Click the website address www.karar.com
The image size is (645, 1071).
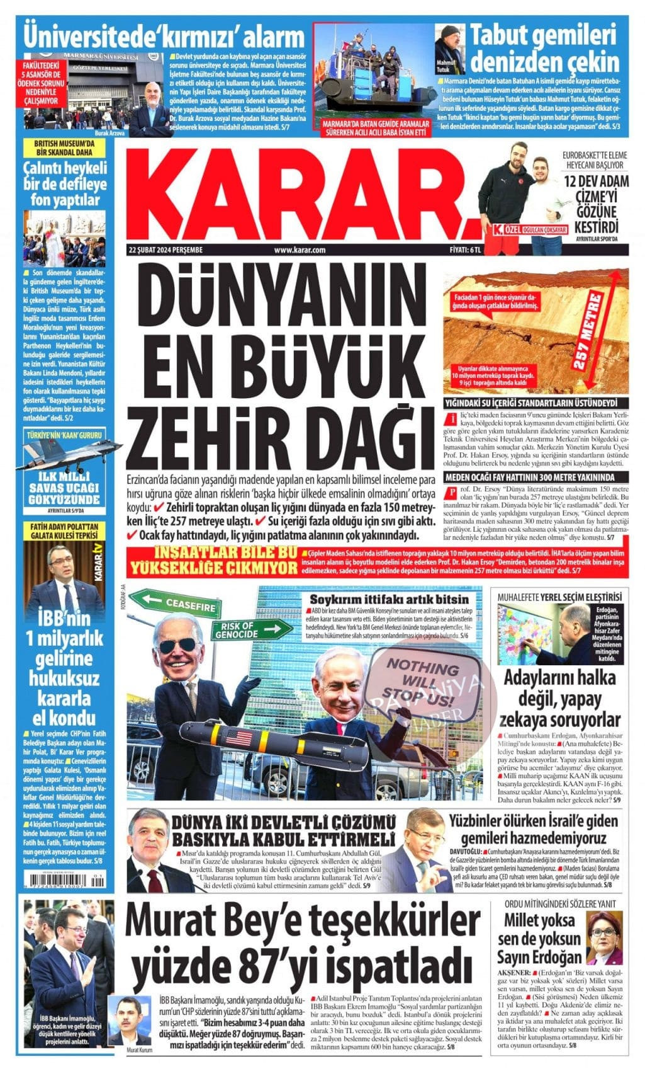pyautogui.click(x=300, y=250)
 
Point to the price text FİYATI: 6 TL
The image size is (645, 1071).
pyautogui.click(x=465, y=250)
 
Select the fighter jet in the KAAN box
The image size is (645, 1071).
pyautogui.click(x=65, y=455)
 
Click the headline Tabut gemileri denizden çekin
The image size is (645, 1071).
pyautogui.click(x=545, y=49)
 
